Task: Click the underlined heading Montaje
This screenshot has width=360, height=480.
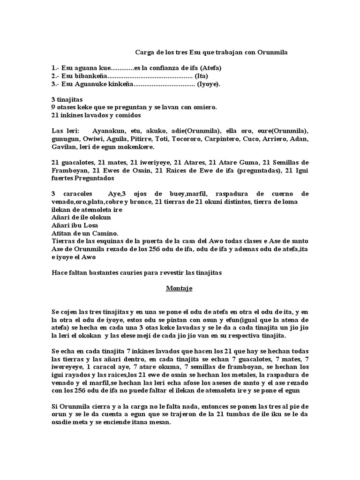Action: (179, 288)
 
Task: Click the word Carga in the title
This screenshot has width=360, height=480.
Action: (144, 53)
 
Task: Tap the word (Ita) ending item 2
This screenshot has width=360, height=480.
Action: (201, 76)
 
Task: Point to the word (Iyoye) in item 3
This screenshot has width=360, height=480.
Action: (209, 84)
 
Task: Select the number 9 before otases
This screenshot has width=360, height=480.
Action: (53, 107)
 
